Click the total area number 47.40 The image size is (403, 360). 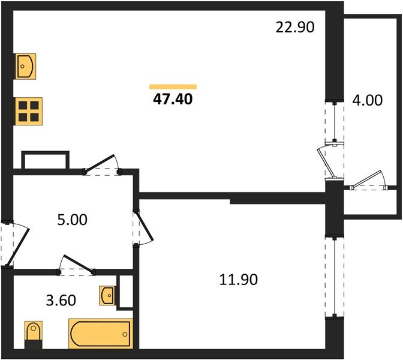coord(173,99)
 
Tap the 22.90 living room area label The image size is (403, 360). coord(294,27)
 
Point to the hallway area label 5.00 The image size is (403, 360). coord(73,220)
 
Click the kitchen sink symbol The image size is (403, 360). coord(26,65)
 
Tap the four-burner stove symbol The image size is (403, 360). coord(29,110)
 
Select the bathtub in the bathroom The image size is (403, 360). coord(100,334)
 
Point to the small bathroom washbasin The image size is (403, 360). coord(107,295)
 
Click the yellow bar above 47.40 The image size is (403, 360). coord(173,86)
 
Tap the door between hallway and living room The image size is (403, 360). coord(102,164)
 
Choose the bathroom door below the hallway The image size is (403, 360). coord(76,265)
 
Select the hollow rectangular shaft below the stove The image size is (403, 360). coord(46,161)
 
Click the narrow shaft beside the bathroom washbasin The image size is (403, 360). coord(125,292)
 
